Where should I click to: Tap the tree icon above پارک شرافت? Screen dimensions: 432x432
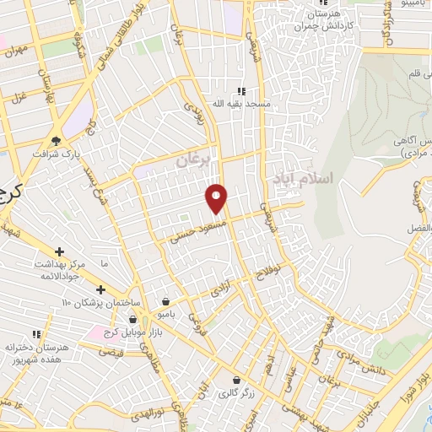(x=56, y=141)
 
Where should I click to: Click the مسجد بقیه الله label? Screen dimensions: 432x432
(x=241, y=103)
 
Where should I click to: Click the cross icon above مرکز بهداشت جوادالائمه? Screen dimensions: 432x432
(x=59, y=251)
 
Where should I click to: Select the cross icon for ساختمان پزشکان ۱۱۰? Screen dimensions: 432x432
(x=100, y=289)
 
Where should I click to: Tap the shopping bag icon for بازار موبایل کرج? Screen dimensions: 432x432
(x=132, y=319)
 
